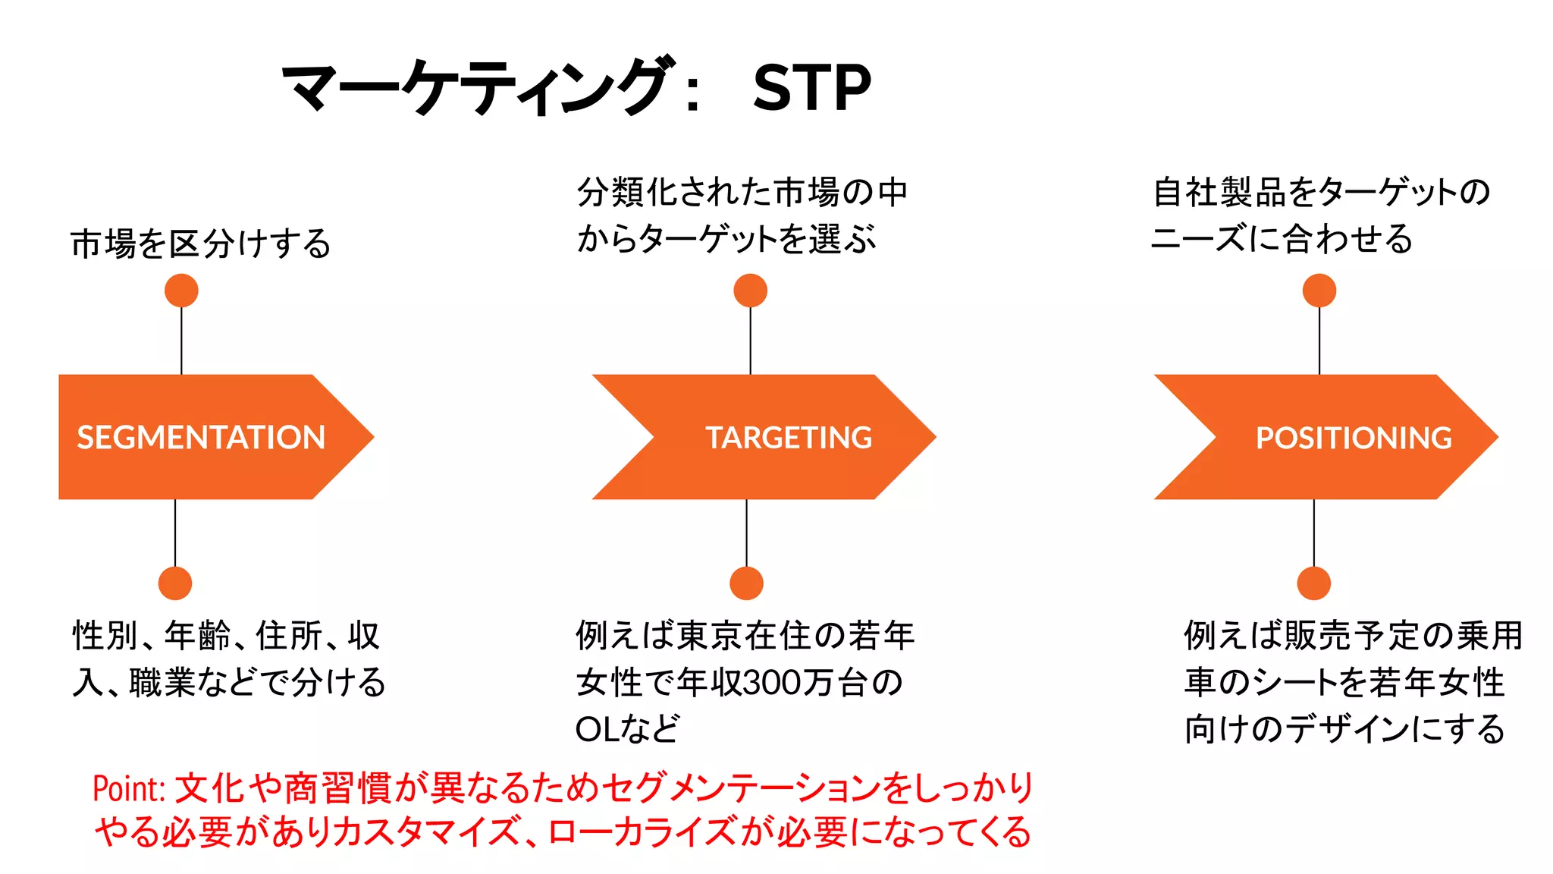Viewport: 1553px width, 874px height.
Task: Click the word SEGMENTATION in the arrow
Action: pos(201,438)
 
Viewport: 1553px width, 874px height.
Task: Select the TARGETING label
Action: pos(789,438)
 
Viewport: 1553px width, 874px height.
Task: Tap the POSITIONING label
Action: pos(1354,438)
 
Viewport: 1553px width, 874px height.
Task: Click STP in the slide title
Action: pos(811,88)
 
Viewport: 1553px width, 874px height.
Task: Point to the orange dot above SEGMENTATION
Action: pos(181,291)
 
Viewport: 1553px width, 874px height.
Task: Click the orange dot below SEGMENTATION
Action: pos(175,583)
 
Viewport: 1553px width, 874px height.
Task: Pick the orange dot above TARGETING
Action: pos(751,291)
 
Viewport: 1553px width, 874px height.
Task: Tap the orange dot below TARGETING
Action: pos(746,583)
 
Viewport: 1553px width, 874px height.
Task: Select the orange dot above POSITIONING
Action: pos(1319,291)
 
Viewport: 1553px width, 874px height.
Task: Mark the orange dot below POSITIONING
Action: pos(1314,583)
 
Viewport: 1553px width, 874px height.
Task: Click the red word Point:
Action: pos(129,789)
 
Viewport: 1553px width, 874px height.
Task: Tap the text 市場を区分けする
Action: pos(201,244)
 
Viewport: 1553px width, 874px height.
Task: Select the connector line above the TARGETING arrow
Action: pos(751,341)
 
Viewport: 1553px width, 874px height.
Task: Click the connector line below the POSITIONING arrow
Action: pos(1314,533)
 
